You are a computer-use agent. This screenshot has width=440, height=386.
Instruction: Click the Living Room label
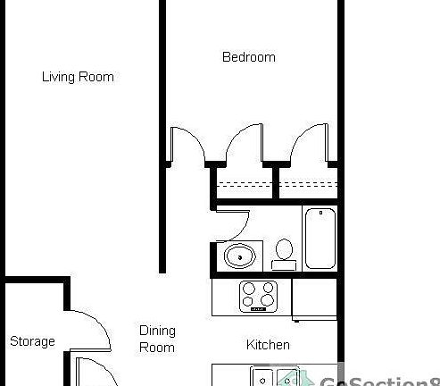click(x=78, y=77)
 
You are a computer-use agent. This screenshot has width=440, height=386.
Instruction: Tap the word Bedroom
click(x=248, y=57)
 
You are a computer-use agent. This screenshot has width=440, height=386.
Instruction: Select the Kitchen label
click(x=268, y=344)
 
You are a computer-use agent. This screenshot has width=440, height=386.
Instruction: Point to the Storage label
click(x=32, y=341)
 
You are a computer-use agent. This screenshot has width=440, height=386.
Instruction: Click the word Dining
click(x=157, y=331)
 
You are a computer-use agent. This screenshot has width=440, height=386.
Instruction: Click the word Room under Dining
click(x=157, y=347)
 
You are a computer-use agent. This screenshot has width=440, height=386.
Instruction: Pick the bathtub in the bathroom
click(x=319, y=237)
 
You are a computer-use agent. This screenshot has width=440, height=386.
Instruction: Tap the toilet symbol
click(x=285, y=250)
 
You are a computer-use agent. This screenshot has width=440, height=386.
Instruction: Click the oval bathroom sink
click(x=239, y=257)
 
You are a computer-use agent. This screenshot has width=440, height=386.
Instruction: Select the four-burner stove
click(x=260, y=295)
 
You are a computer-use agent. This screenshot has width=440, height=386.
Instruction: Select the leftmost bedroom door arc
click(x=188, y=143)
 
